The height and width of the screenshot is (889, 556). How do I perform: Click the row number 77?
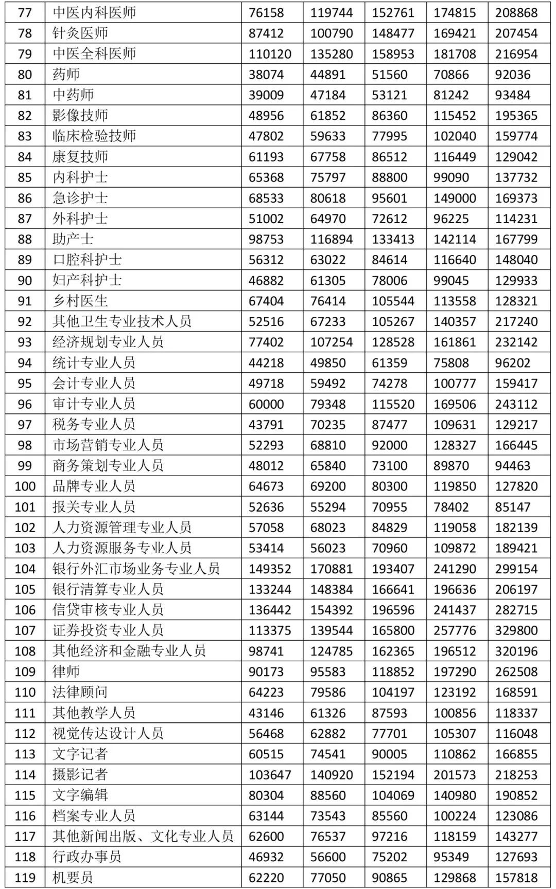click(x=25, y=12)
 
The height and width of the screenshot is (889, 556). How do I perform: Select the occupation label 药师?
click(x=66, y=75)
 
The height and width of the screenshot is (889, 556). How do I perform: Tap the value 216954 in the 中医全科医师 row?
click(x=516, y=54)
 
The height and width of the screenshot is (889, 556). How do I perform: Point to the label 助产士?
click(x=73, y=239)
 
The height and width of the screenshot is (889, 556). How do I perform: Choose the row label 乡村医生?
click(x=80, y=301)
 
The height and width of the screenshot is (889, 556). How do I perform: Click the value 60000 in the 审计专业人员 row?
click(x=266, y=404)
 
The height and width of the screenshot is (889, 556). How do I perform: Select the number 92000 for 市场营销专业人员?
click(x=390, y=445)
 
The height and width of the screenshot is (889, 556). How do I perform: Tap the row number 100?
click(x=25, y=486)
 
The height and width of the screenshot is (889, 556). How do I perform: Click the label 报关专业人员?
click(x=94, y=507)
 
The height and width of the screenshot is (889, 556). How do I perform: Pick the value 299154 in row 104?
click(x=516, y=569)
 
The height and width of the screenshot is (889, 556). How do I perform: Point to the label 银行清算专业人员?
click(x=108, y=589)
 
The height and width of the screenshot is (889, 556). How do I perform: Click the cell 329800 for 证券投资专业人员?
click(x=516, y=630)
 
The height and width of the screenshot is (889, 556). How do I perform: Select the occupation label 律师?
click(x=66, y=672)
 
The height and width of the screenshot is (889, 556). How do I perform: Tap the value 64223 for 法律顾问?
click(x=266, y=692)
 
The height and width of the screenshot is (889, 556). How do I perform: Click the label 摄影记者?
click(x=80, y=774)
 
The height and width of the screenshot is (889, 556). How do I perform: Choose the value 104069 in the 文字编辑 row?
click(x=393, y=795)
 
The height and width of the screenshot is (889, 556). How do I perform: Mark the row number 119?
click(x=25, y=878)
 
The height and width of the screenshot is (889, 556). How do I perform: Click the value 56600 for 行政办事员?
click(x=328, y=857)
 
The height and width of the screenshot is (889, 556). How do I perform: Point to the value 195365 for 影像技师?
click(x=516, y=116)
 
